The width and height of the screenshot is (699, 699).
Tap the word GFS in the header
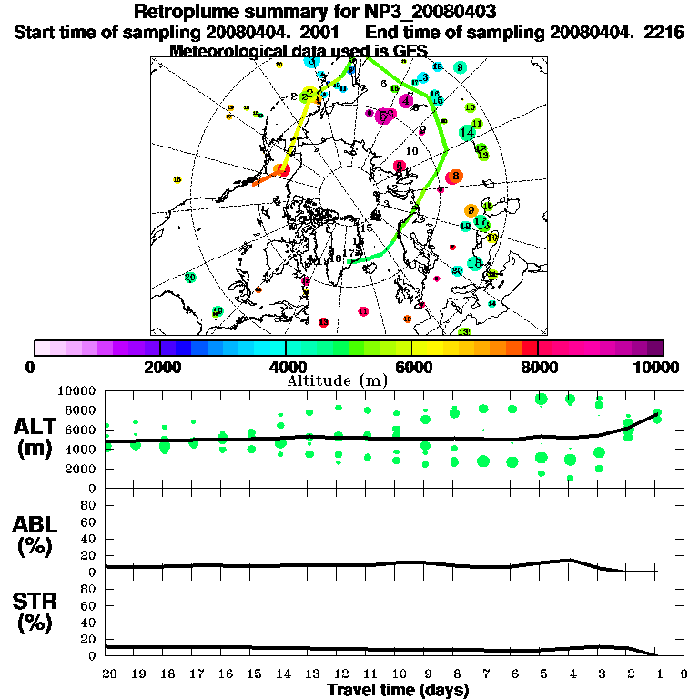(x=408, y=50)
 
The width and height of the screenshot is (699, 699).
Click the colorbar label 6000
(x=411, y=367)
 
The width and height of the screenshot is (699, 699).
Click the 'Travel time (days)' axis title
(x=398, y=691)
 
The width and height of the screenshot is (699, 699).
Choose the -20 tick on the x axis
(x=106, y=675)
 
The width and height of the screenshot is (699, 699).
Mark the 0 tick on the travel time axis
(x=684, y=675)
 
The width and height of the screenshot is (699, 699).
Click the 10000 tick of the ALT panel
(x=80, y=390)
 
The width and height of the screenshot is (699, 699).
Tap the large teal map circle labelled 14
(x=467, y=133)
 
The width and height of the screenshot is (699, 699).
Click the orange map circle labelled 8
(x=455, y=176)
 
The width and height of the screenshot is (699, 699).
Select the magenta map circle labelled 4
(x=406, y=101)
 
